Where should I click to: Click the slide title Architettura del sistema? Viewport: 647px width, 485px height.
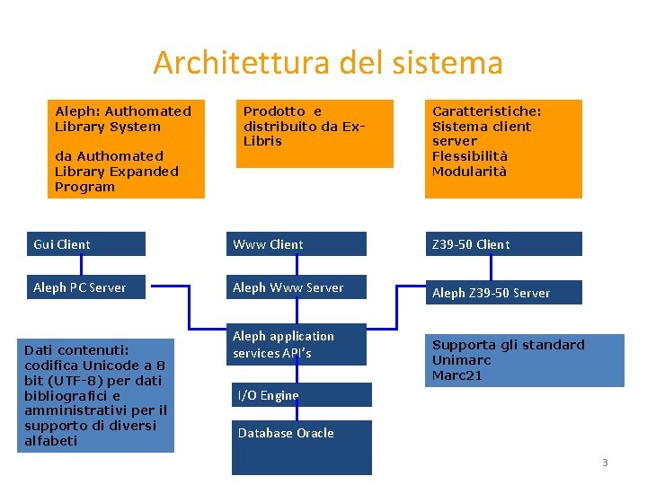pyautogui.click(x=327, y=63)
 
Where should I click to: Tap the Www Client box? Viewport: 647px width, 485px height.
pyautogui.click(x=298, y=243)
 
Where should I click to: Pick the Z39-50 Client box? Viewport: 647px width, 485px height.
pyautogui.click(x=503, y=243)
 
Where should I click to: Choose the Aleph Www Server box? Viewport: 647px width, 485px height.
pyautogui.click(x=298, y=287)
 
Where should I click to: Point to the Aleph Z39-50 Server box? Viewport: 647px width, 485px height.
pyautogui.click(x=503, y=293)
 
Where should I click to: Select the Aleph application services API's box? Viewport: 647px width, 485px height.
pyautogui.click(x=298, y=344)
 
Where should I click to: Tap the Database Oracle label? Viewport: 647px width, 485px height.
pyautogui.click(x=286, y=433)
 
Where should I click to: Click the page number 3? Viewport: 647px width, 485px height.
pyautogui.click(x=605, y=463)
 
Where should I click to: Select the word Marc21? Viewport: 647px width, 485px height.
pyautogui.click(x=457, y=375)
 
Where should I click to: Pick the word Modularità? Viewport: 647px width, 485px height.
pyautogui.click(x=469, y=172)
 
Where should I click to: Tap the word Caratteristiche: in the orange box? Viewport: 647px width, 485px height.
pyautogui.click(x=486, y=111)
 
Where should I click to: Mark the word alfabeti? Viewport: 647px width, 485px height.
pyautogui.click(x=50, y=441)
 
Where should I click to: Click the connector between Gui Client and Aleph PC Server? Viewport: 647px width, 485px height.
pyautogui.click(x=82, y=265)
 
